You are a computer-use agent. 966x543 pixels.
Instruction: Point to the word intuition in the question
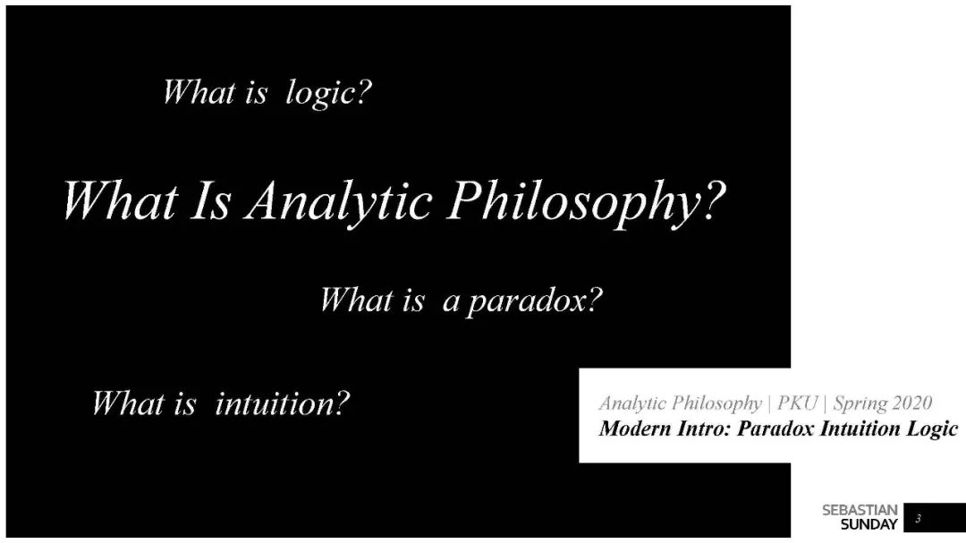[x=274, y=403]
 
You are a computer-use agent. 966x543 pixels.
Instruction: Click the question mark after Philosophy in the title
[x=714, y=199]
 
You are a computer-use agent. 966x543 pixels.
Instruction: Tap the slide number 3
[x=918, y=518]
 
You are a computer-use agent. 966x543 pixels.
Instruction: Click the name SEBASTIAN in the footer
[x=860, y=510]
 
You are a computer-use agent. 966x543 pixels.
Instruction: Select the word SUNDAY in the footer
[x=869, y=525]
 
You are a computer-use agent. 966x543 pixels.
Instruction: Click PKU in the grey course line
[x=797, y=403]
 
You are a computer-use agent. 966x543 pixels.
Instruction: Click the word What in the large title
[x=120, y=200]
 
